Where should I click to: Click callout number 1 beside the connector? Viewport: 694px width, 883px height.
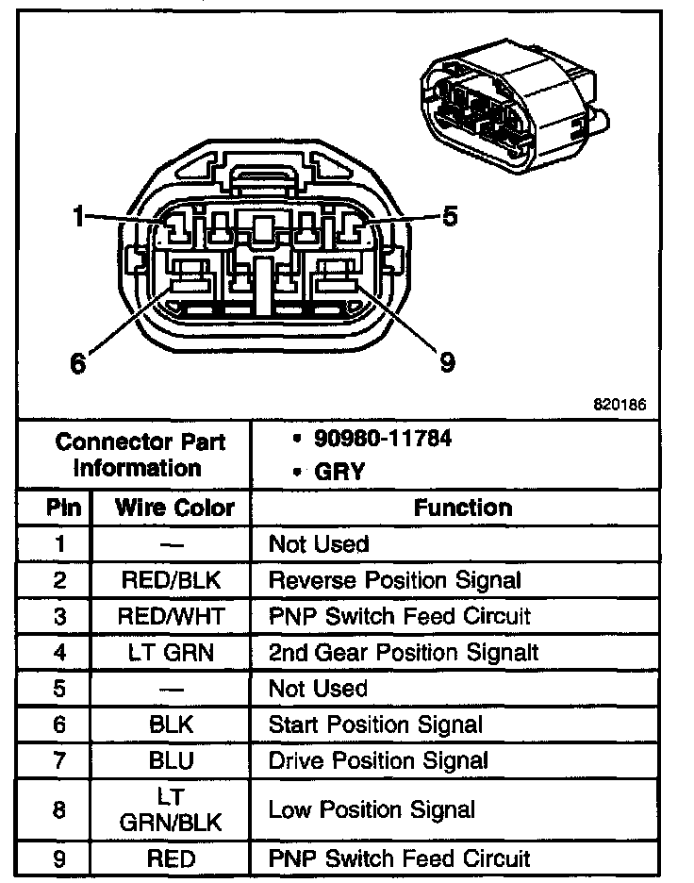tap(79, 218)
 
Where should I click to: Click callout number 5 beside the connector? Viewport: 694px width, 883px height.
tap(450, 217)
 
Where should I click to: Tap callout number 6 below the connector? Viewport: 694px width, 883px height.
tap(78, 361)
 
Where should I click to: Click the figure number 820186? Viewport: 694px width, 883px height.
tap(620, 405)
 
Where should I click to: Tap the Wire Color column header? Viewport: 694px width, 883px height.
tap(174, 508)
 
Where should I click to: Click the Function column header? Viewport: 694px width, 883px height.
tap(462, 508)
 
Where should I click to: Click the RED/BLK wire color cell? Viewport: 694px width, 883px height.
tap(171, 580)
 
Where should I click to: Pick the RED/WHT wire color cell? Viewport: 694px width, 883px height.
tap(171, 616)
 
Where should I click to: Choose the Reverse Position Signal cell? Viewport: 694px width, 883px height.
tap(394, 580)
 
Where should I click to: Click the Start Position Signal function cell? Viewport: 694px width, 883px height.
tap(374, 725)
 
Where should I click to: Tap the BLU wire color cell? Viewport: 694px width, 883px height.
tap(171, 760)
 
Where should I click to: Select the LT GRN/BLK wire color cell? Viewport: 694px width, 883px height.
tap(171, 809)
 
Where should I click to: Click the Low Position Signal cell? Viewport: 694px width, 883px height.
tap(372, 809)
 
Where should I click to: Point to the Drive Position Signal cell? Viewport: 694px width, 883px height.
tap(378, 760)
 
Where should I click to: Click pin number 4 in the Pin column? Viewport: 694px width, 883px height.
tap(59, 652)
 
